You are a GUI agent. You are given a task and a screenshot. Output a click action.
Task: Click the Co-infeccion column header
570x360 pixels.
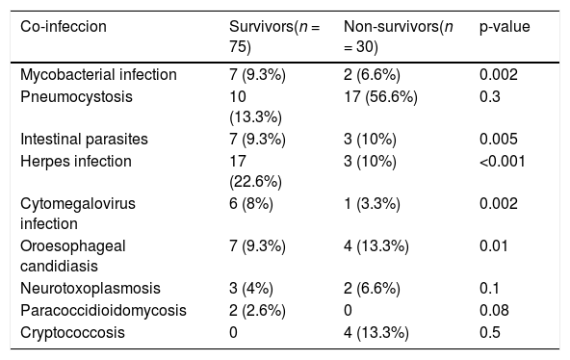[64, 27]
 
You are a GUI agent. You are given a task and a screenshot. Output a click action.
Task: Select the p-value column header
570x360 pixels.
[505, 27]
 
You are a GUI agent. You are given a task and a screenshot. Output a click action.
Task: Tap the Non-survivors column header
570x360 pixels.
[399, 37]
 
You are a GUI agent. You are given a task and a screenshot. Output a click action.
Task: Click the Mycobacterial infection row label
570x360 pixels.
[98, 74]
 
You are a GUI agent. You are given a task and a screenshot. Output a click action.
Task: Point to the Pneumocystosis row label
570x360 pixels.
[76, 97]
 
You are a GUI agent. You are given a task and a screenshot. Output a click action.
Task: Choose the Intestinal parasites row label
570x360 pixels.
[84, 140]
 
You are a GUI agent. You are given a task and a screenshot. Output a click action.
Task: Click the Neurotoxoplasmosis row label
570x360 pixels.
[91, 289]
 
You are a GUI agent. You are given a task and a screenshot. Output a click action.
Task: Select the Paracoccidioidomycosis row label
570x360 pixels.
[103, 311]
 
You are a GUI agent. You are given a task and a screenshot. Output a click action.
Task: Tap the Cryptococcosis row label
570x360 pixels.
[72, 333]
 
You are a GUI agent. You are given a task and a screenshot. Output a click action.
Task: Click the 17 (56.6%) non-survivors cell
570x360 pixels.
[380, 97]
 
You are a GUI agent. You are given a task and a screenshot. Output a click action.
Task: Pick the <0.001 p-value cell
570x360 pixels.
[503, 162]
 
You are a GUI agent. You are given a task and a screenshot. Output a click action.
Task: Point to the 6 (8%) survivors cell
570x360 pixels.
[251, 204]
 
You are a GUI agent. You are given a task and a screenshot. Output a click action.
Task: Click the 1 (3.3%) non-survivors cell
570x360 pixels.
[372, 204]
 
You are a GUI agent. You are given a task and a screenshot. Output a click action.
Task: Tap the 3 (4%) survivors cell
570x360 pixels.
[251, 289]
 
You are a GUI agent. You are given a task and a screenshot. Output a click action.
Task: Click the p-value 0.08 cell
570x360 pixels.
[494, 311]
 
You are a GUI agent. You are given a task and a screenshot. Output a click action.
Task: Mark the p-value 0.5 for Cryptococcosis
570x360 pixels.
[490, 333]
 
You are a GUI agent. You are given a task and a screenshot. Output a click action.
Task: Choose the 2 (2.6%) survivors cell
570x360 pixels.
[257, 311]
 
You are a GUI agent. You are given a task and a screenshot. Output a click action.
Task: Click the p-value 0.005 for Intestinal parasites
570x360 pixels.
[499, 140]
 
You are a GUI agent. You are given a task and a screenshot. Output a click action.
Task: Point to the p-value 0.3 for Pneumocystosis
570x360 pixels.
[490, 97]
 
